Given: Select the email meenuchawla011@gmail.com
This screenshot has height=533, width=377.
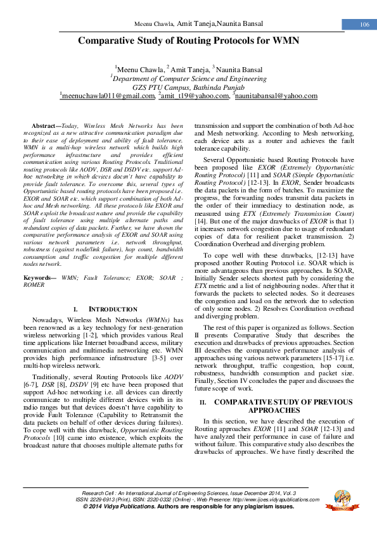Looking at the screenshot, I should tap(108, 96).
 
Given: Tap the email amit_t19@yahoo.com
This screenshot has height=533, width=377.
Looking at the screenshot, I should tap(195, 96).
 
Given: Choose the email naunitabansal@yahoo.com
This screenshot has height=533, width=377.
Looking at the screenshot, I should tap(276, 96).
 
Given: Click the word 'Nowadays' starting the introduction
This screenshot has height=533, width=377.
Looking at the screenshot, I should tap(48, 320).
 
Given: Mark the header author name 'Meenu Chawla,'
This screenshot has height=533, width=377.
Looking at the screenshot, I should tap(155, 24).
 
